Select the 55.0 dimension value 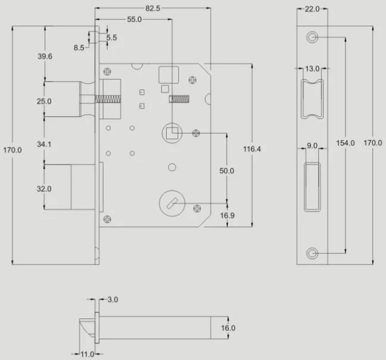pos(135,19)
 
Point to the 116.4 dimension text pos(252,148)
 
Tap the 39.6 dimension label pos(44,56)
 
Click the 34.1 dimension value pos(44,144)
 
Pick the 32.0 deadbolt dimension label pos(44,188)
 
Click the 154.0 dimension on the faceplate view pos(345,143)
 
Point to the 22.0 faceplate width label pos(312,9)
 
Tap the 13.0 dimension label pos(312,69)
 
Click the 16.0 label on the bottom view pos(228,328)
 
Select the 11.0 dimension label pos(87,355)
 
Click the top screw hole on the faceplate pos(312,37)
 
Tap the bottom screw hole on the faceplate pos(312,253)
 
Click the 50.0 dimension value pos(226,171)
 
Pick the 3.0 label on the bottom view pos(111,300)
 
